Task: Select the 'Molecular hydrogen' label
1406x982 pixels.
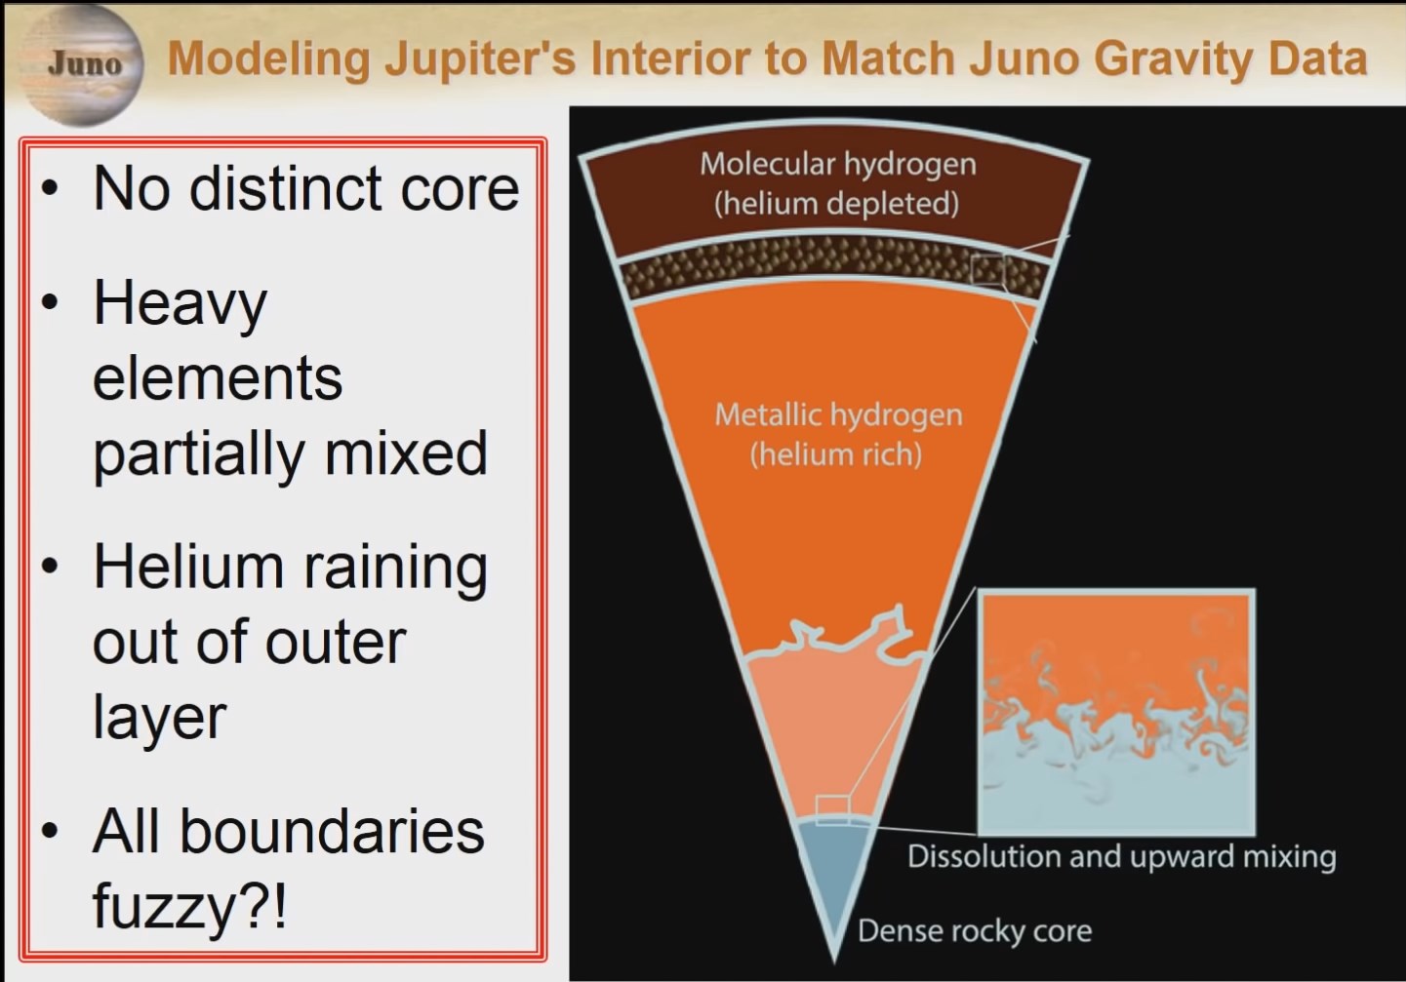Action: [838, 165]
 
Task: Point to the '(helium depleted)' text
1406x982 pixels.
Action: [837, 203]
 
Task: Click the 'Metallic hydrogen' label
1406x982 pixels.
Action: [838, 414]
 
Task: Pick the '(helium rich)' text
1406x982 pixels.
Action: [836, 453]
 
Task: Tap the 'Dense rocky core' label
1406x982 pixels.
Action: [974, 930]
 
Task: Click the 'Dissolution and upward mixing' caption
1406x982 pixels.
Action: [1122, 857]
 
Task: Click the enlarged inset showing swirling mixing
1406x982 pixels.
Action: [1116, 712]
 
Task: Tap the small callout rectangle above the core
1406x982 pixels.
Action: [832, 809]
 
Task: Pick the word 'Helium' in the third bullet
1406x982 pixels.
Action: [188, 568]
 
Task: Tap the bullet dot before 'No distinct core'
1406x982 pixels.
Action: [50, 187]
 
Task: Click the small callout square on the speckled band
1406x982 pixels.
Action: [987, 270]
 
